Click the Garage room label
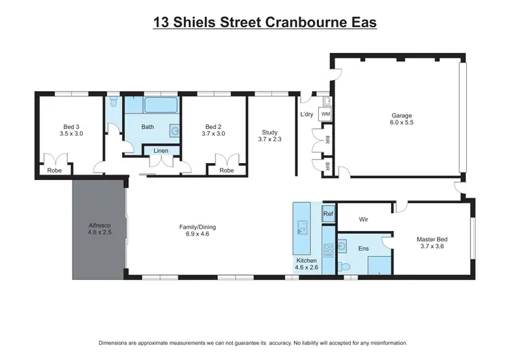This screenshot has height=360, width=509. point(401,115)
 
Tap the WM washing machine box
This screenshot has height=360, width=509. point(326,114)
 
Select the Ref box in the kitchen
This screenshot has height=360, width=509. point(328,215)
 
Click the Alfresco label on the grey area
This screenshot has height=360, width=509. point(99,225)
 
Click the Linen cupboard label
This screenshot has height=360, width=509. point(161,150)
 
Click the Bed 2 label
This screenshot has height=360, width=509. point(214,126)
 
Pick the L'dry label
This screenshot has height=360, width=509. point(307,114)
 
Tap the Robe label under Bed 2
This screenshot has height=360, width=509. point(227,170)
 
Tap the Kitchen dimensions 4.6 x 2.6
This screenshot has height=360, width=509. point(307,268)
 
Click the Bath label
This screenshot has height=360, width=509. point(148,127)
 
